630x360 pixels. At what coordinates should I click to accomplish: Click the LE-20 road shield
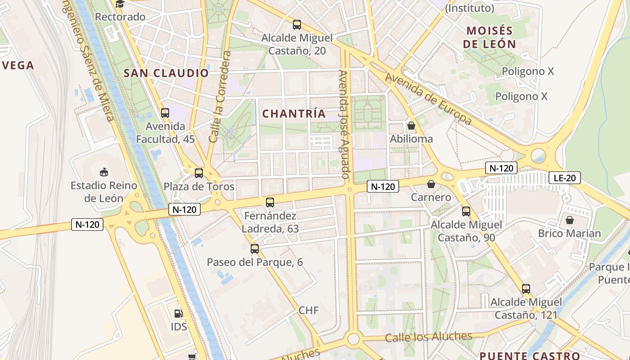565,178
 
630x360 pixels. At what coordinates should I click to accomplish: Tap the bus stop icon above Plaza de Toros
199,173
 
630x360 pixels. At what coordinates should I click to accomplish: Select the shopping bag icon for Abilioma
411,126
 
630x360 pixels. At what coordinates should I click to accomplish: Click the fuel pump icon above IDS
179,313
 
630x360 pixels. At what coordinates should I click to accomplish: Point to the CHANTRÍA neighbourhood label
294,114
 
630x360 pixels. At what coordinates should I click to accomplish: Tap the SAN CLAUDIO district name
166,73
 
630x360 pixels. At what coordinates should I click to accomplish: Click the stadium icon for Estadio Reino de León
104,172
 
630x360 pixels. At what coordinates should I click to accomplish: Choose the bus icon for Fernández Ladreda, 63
270,202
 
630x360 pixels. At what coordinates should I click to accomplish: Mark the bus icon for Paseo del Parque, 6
255,248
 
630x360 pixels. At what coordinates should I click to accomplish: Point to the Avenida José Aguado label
345,124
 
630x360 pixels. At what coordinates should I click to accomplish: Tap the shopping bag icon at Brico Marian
570,220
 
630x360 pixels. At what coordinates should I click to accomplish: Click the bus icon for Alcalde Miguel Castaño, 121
526,289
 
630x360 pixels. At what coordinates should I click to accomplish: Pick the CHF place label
309,310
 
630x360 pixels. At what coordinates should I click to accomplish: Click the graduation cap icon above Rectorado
120,4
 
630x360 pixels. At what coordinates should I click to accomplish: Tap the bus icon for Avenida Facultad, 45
165,113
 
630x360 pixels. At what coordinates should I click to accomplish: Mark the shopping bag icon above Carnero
431,184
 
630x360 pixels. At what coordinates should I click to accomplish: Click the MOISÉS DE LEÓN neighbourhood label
490,37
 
